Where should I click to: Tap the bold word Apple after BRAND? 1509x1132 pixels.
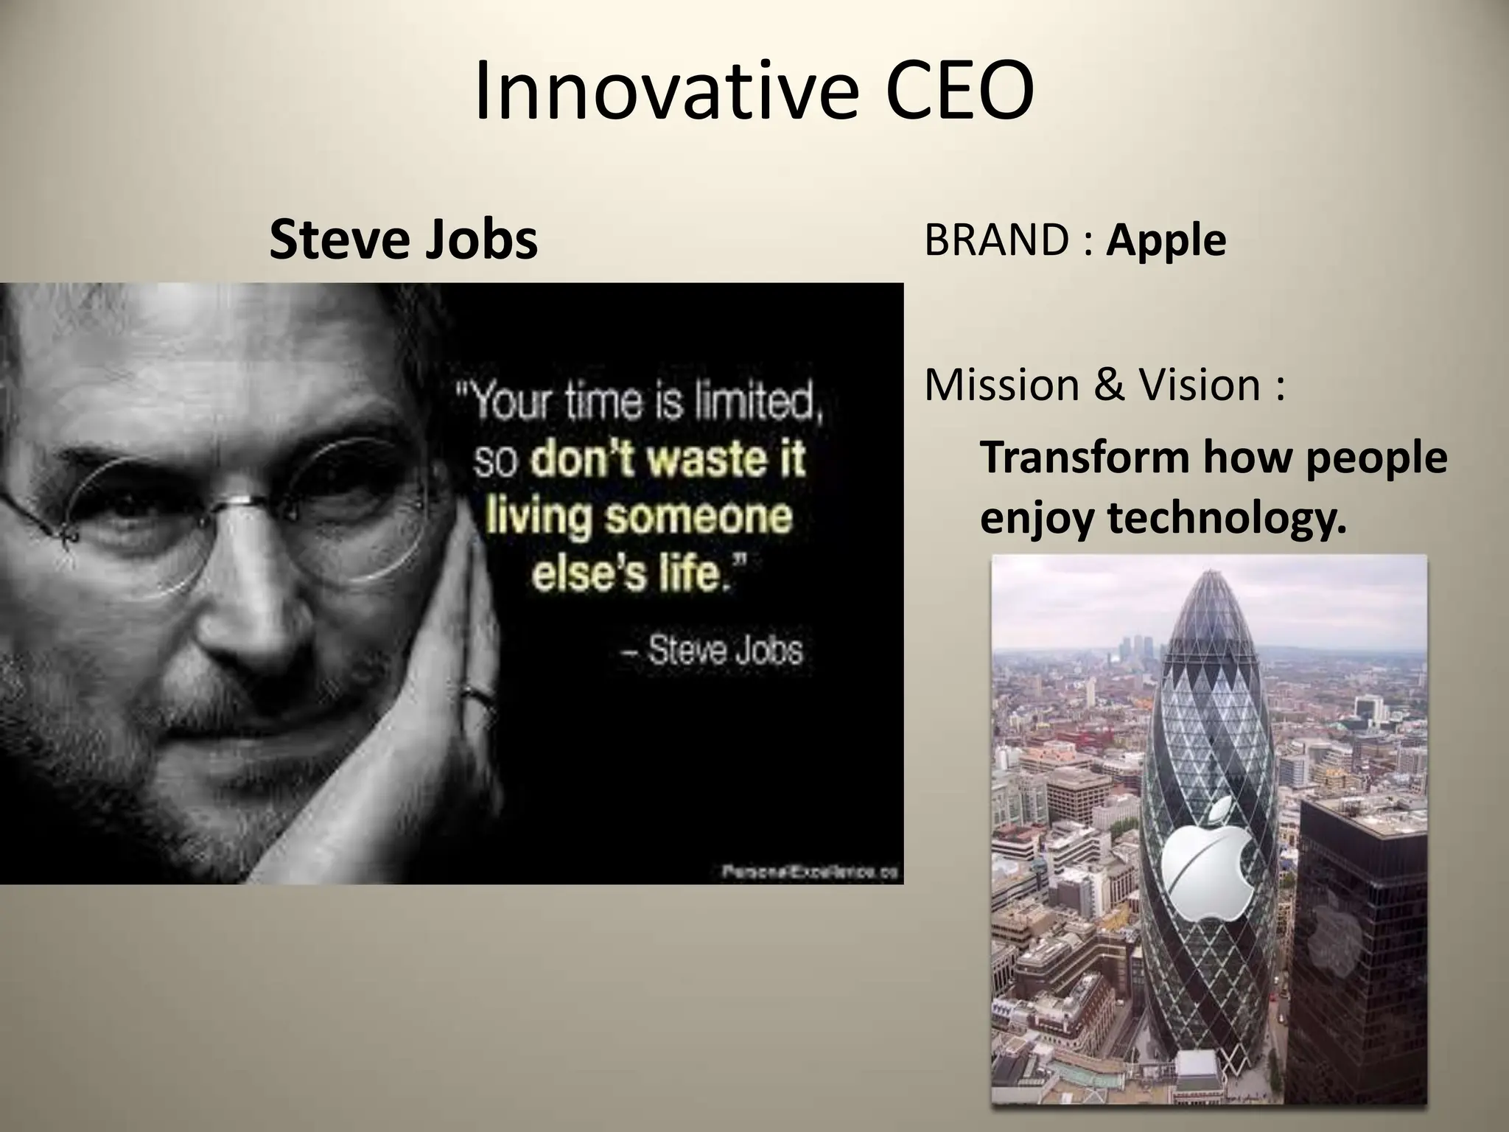1166,241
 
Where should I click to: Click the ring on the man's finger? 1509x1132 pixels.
477,694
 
